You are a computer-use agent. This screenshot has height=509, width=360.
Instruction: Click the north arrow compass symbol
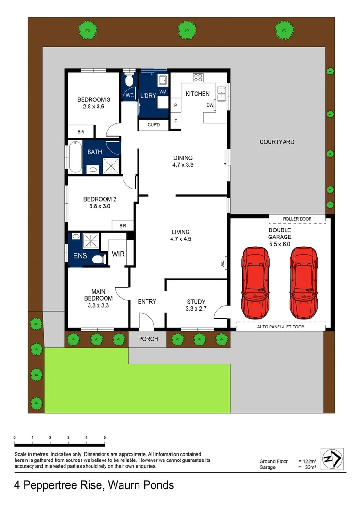click(x=332, y=459)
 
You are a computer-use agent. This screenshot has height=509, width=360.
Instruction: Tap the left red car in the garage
click(x=255, y=283)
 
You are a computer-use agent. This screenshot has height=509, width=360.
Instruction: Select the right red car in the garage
click(x=304, y=283)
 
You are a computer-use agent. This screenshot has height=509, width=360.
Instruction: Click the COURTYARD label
click(x=277, y=142)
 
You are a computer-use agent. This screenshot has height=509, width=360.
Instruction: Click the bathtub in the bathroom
click(x=75, y=157)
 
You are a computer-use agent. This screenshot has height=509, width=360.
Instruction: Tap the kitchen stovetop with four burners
click(x=198, y=78)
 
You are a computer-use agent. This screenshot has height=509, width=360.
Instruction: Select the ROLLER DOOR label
click(x=297, y=219)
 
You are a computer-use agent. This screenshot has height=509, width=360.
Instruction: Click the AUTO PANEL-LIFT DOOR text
click(x=280, y=327)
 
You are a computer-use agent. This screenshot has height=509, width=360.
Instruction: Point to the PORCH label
click(x=148, y=339)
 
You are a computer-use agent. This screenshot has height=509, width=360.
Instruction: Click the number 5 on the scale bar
click(x=105, y=437)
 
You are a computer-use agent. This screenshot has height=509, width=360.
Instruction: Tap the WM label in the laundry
click(x=163, y=92)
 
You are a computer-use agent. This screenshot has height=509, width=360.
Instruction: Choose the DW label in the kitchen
click(x=210, y=105)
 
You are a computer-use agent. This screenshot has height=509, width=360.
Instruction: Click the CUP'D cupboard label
click(x=154, y=124)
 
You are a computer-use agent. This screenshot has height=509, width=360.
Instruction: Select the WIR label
click(x=118, y=254)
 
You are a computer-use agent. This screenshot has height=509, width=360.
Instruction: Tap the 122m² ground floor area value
click(x=310, y=461)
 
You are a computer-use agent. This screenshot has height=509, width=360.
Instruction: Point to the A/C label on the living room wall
click(x=223, y=263)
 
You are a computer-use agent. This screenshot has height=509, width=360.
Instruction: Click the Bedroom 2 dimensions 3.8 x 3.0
click(x=99, y=206)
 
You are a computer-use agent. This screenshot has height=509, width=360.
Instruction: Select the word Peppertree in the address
click(x=54, y=485)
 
